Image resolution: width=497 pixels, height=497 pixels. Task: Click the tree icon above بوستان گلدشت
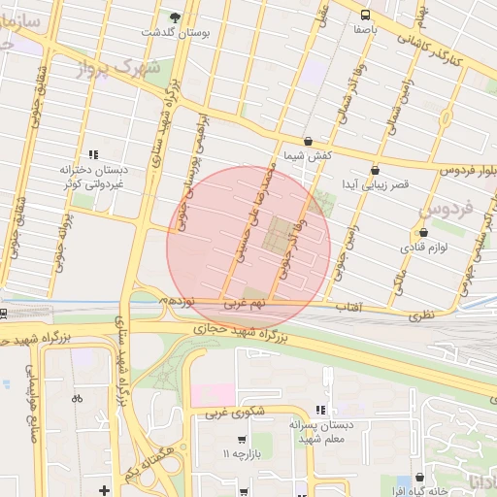(175, 17)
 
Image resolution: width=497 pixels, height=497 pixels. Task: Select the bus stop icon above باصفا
(366, 15)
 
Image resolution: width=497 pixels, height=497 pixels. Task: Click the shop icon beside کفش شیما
(308, 141)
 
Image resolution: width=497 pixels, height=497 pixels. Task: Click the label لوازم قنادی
(422, 248)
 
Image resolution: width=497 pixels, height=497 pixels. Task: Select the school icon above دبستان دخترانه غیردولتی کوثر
(93, 154)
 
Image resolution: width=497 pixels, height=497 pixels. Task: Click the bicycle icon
(78, 398)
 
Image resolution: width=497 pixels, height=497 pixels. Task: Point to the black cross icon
(104, 489)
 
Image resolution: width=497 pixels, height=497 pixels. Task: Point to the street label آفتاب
(348, 307)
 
